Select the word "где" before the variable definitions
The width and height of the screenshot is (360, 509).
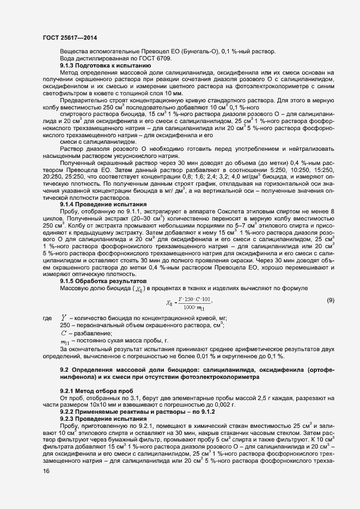pos(47,317)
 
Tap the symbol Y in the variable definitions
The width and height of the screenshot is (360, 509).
pos(64,317)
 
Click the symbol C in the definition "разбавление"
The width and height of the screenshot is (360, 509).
pos(64,333)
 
